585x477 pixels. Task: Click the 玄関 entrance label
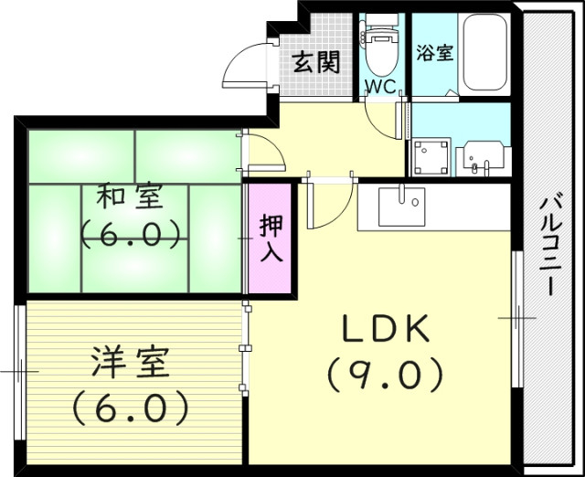(316, 62)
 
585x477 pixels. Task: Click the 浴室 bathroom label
(434, 52)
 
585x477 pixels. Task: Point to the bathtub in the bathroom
(484, 52)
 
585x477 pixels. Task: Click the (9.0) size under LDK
(385, 373)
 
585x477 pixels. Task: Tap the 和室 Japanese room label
(131, 196)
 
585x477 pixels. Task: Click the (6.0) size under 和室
(131, 235)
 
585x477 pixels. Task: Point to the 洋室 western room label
(131, 364)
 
